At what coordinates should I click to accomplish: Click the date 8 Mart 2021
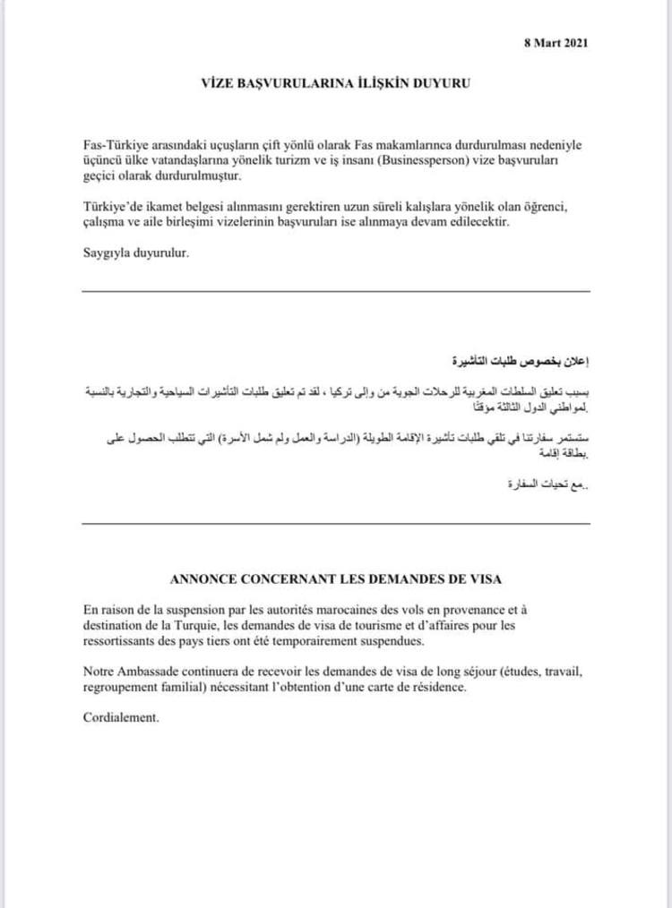(556, 42)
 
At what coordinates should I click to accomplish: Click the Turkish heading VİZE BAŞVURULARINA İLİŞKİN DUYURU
(335, 84)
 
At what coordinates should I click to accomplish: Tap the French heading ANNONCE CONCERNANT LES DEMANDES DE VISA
(336, 577)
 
